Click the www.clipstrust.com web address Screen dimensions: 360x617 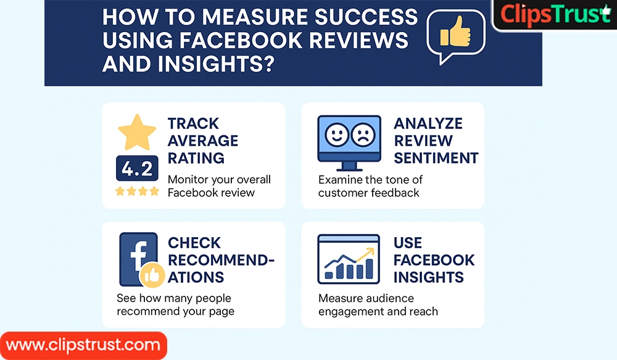83,345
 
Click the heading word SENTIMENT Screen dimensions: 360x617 436,157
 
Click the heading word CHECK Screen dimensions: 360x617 194,243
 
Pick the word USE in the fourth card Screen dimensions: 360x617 408,243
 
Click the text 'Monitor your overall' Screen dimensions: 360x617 219,179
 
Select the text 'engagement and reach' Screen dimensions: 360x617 378,311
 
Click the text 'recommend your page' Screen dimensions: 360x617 175,311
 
